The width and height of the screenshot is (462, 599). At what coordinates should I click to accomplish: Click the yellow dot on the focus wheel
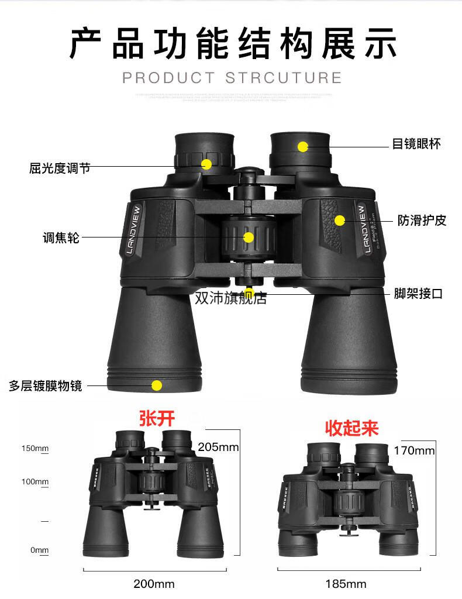(249, 237)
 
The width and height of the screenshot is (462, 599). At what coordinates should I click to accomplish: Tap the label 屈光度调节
(60, 168)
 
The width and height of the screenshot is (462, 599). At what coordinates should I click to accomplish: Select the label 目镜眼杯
(416, 144)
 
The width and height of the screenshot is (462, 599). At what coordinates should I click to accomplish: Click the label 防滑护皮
(422, 220)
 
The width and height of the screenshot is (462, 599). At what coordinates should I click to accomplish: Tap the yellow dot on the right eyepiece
(302, 146)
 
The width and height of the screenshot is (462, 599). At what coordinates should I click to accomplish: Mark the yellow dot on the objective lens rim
(156, 385)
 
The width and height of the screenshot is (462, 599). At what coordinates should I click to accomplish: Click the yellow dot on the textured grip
(339, 219)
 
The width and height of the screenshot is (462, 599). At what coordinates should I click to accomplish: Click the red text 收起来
(351, 428)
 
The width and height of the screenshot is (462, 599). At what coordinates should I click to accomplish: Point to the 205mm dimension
(218, 447)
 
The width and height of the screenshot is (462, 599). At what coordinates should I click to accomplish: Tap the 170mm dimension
(414, 450)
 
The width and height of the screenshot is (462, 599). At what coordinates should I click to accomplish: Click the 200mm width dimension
(154, 583)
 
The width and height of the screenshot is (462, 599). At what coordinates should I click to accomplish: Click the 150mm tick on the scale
(35, 449)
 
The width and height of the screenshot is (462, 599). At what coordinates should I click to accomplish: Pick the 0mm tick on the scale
(40, 550)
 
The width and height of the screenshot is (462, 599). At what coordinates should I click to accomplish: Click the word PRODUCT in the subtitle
(169, 77)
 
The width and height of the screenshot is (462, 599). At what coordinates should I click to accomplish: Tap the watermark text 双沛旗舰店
(230, 298)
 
